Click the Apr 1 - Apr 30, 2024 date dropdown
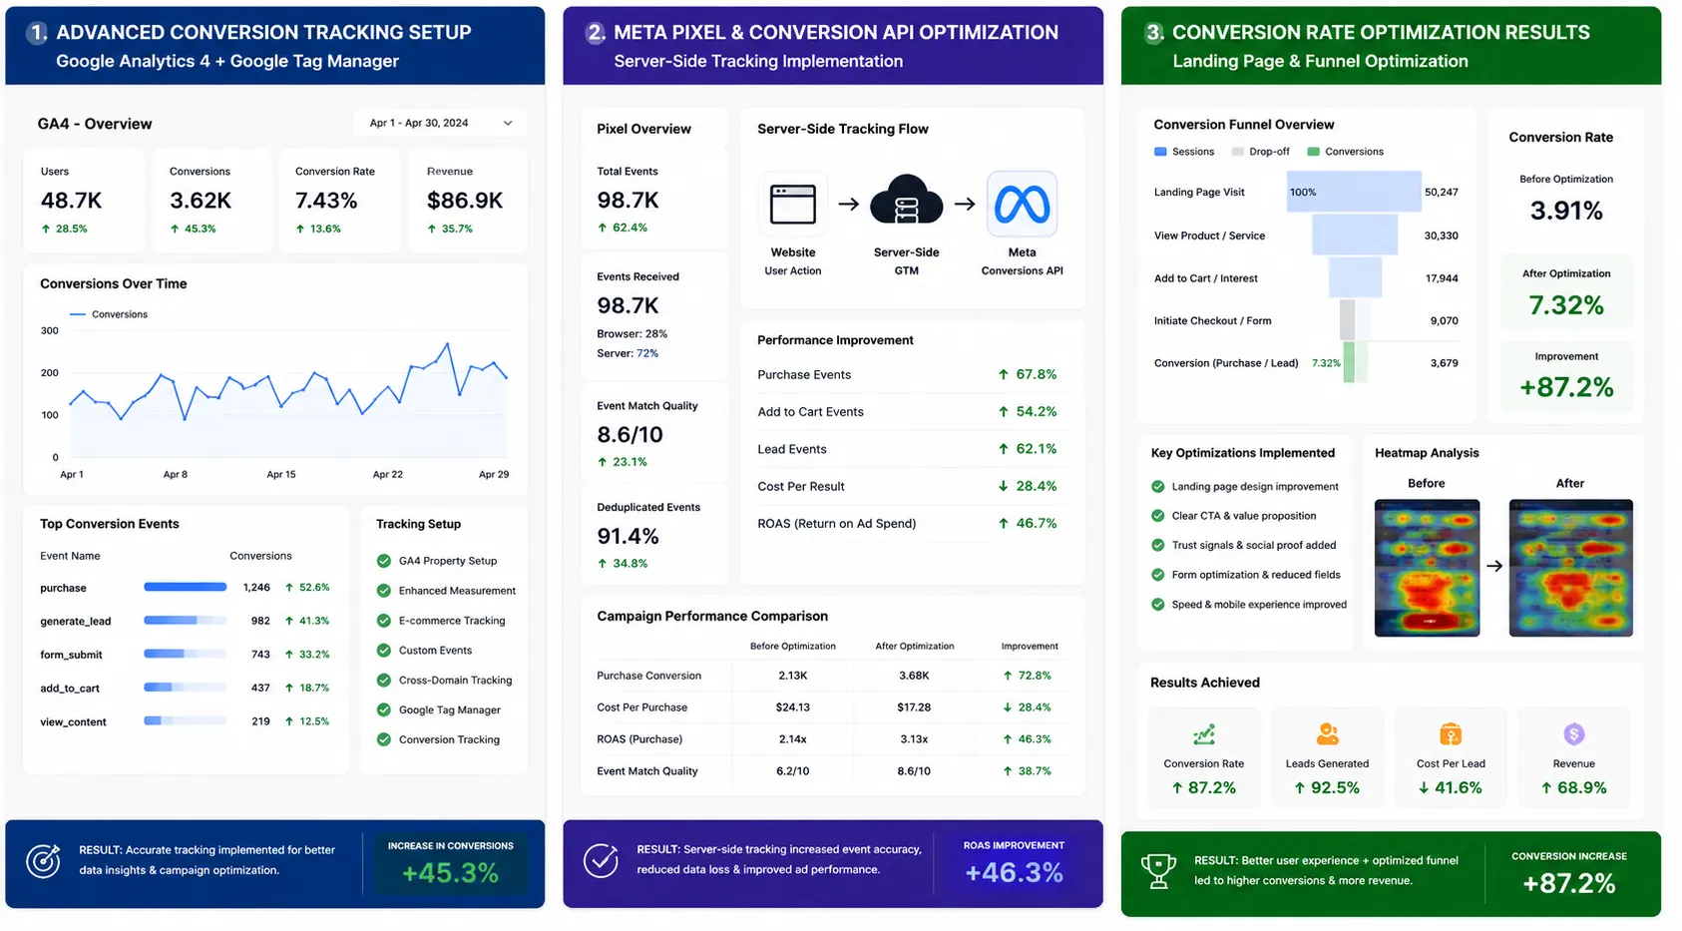pyautogui.click(x=440, y=123)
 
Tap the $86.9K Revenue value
pyautogui.click(x=465, y=201)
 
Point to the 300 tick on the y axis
pyautogui.click(x=50, y=330)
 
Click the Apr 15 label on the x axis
pyautogui.click(x=281, y=475)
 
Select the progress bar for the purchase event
pyautogui.click(x=185, y=587)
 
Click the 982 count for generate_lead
pyautogui.click(x=259, y=621)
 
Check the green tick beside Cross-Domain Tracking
pyautogui.click(x=384, y=681)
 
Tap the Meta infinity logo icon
pyautogui.click(x=1022, y=205)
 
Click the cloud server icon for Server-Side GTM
pyautogui.click(x=906, y=200)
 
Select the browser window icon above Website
pyautogui.click(x=793, y=205)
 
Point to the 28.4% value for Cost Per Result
pyautogui.click(x=1037, y=487)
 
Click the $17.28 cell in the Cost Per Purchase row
pyautogui.click(x=914, y=707)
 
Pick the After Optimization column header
pyautogui.click(x=915, y=647)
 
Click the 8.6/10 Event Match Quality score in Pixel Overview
pyautogui.click(x=630, y=435)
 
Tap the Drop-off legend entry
pyautogui.click(x=1261, y=152)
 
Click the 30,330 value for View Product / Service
pyautogui.click(x=1441, y=235)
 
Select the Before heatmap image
pyautogui.click(x=1427, y=569)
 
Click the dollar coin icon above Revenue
pyautogui.click(x=1574, y=733)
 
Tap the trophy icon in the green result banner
pyautogui.click(x=1158, y=872)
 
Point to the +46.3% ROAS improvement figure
pyautogui.click(x=1014, y=872)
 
